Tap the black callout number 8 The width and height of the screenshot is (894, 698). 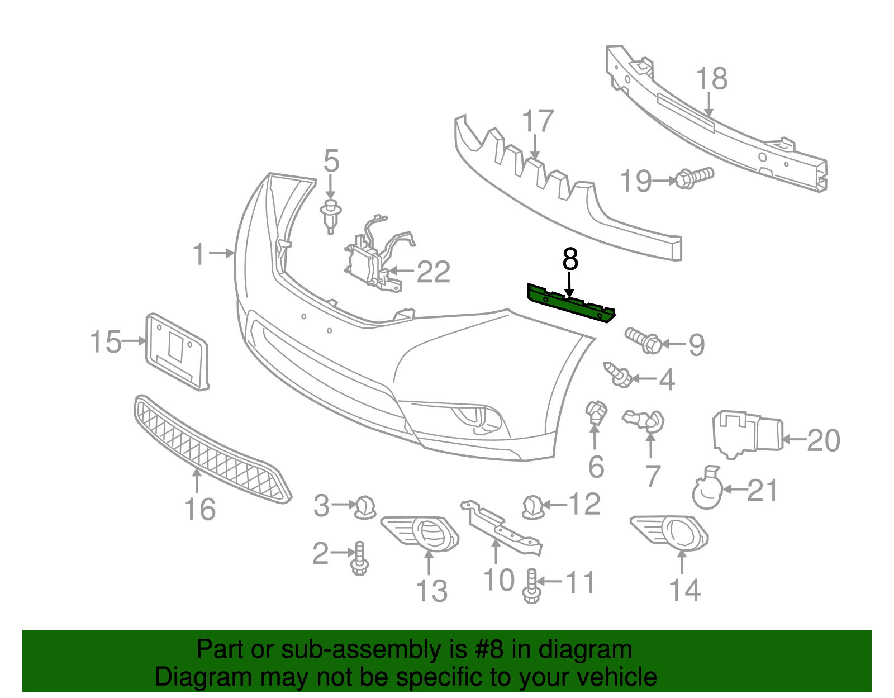tap(570, 259)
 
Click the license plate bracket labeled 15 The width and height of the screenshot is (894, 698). tap(177, 351)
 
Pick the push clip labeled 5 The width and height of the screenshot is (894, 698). tap(331, 215)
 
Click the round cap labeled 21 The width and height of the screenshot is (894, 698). tap(707, 492)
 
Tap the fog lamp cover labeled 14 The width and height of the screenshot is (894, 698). tap(670, 531)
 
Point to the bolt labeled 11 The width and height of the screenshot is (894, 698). tap(531, 587)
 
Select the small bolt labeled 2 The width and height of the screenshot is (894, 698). tap(359, 559)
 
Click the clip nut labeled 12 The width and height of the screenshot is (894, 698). tap(532, 506)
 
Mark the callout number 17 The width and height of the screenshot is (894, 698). tap(538, 122)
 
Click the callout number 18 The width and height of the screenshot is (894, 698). tap(712, 79)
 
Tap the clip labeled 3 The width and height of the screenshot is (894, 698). tap(365, 506)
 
